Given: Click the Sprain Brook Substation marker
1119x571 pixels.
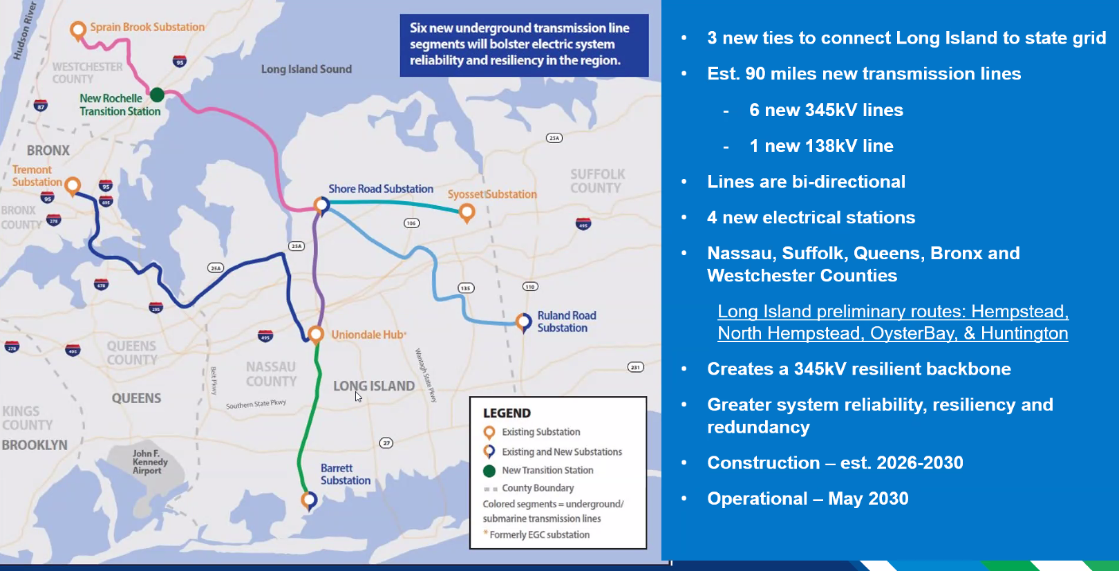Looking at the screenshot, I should tap(78, 29).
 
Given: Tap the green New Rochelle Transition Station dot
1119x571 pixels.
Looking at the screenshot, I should tap(158, 94).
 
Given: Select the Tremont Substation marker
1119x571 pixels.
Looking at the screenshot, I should tap(73, 185).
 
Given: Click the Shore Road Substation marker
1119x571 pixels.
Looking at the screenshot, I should tap(321, 204).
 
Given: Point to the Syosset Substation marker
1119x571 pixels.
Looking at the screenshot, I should tap(467, 212).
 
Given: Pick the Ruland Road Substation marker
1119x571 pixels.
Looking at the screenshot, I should tap(524, 321).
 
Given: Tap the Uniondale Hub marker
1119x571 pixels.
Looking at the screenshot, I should tap(316, 334).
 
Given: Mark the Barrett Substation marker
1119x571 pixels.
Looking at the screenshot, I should tap(309, 499).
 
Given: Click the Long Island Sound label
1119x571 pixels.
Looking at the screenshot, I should tap(306, 69).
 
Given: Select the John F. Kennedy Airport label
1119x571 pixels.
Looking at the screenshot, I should tap(150, 462).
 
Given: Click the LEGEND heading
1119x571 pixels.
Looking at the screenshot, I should tap(507, 413).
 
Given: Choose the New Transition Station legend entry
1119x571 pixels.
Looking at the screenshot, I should tap(547, 470).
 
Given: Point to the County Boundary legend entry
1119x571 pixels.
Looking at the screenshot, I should tap(538, 488).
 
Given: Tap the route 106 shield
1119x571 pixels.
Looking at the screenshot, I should tap(411, 223).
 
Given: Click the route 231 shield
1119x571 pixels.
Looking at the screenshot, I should tap(635, 367).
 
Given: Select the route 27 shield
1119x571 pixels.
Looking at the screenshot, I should tap(386, 443).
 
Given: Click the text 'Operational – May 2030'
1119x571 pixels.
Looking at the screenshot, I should tap(807, 498).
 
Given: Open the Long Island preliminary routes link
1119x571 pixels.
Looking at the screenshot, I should tap(892, 322).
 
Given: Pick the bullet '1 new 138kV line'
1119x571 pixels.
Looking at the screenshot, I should tap(821, 146).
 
